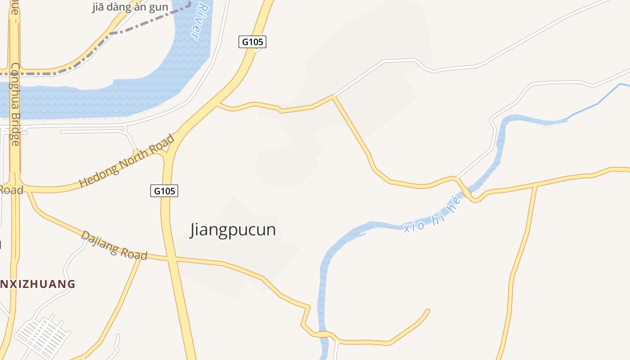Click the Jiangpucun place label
pos(233,229)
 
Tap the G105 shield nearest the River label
pos(252,42)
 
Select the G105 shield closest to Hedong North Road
pos(164,191)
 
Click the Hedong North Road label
pos(126,161)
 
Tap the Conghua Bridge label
pos(15,103)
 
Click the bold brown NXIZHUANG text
pos(38,284)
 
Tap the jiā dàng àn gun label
pos(130,7)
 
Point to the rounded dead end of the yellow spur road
pos(427,310)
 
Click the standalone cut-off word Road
pos(11,190)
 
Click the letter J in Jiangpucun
pos(193,230)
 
